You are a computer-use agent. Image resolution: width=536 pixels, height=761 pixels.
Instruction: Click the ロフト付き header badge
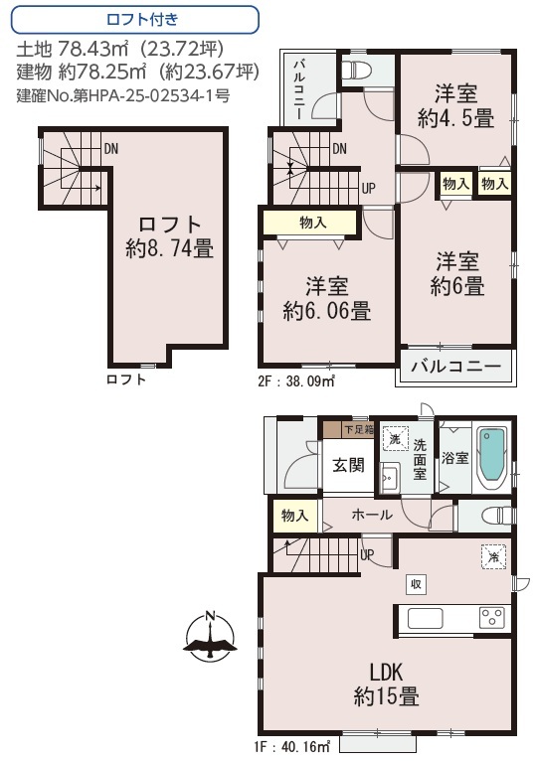(134, 20)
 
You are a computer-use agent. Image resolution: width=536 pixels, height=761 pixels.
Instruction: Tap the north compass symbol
(210, 636)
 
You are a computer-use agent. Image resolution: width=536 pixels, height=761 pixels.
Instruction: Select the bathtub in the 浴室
(492, 457)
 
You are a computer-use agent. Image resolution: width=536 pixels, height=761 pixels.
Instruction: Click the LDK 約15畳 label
(386, 685)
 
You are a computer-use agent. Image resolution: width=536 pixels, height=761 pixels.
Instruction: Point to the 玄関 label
(348, 465)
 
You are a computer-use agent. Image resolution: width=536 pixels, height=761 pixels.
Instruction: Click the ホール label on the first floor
(372, 514)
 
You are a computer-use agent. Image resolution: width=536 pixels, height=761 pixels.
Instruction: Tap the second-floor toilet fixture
(356, 70)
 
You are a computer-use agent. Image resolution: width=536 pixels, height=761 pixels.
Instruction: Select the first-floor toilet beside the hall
(496, 516)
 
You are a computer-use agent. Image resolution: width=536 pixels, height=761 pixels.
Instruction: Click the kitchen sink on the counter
(426, 618)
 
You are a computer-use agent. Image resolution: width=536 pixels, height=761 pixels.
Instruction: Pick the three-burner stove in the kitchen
(492, 618)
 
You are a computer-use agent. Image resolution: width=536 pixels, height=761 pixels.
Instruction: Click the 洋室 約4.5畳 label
(455, 105)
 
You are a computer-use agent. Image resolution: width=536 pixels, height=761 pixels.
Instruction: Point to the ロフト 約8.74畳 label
(170, 236)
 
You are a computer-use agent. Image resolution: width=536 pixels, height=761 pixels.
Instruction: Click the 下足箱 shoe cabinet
(348, 429)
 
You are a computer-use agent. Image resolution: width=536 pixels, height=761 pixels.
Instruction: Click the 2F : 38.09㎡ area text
(296, 380)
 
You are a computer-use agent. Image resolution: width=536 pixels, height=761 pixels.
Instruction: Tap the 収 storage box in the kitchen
(417, 584)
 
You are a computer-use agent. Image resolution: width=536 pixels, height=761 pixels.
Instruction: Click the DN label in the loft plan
(111, 148)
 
